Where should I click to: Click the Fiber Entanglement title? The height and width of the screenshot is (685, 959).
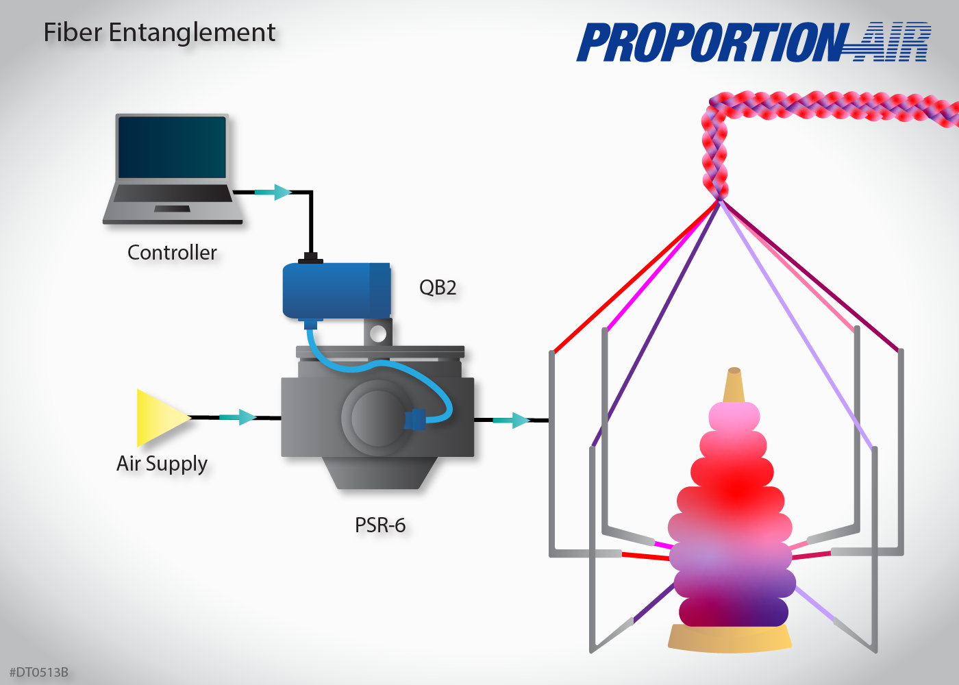pos(159,33)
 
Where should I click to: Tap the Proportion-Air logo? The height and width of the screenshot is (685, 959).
pos(754,42)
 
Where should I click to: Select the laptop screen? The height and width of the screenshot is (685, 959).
pos(172,147)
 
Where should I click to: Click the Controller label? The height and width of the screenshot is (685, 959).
pos(172,253)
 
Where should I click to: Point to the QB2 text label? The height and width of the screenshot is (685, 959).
pos(438,288)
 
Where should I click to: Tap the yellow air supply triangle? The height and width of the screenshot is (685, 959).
pos(159,417)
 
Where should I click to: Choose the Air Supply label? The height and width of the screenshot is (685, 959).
pos(162,464)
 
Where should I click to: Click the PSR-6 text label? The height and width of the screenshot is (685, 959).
pos(380,525)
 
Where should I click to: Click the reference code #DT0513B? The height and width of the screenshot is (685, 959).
pos(39,672)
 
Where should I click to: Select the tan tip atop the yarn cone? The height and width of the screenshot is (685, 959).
pos(734,385)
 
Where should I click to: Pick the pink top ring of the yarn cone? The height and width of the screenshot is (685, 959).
pos(734,416)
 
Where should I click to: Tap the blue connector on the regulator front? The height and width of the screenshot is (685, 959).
pos(415,419)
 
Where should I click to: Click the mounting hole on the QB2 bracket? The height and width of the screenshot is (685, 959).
pos(377,334)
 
